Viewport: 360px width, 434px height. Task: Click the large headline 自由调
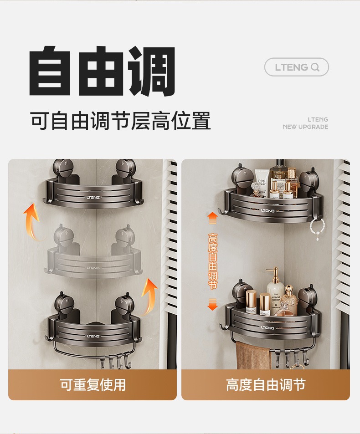click(x=103, y=71)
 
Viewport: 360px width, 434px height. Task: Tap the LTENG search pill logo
click(x=297, y=67)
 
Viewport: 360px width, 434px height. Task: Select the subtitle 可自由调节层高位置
click(x=121, y=121)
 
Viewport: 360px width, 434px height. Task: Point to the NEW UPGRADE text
click(x=305, y=127)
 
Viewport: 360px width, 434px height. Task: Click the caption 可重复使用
click(x=93, y=385)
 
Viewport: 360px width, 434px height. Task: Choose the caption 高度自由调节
click(x=266, y=385)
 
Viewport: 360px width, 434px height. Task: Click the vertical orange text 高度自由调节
click(x=212, y=261)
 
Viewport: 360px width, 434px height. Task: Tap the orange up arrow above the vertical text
click(x=212, y=218)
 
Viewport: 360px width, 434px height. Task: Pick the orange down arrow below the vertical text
click(x=212, y=304)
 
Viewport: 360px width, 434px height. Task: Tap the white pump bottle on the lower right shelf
click(x=275, y=288)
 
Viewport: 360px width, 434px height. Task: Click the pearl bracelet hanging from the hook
click(x=317, y=227)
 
